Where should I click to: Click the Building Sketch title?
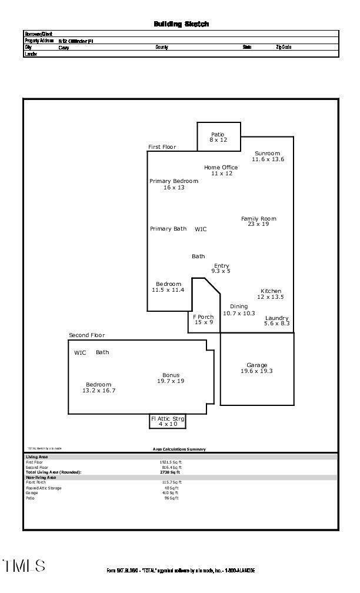(181, 24)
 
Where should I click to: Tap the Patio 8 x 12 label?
(218, 137)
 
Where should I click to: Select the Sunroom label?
(268, 156)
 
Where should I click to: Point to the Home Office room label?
(221, 170)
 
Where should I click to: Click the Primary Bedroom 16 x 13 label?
(174, 184)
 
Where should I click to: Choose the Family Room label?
(258, 221)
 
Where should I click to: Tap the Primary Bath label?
(168, 229)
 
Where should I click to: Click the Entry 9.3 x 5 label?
(221, 268)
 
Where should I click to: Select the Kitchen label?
(271, 294)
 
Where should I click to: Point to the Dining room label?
(239, 309)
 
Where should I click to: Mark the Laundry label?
(276, 321)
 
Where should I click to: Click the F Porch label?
(204, 319)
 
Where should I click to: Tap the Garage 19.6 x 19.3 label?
(256, 368)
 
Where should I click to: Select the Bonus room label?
(171, 378)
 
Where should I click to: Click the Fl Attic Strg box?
(168, 421)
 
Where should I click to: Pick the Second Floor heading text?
(86, 335)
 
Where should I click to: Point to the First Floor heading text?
(162, 147)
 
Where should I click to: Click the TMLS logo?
(24, 566)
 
